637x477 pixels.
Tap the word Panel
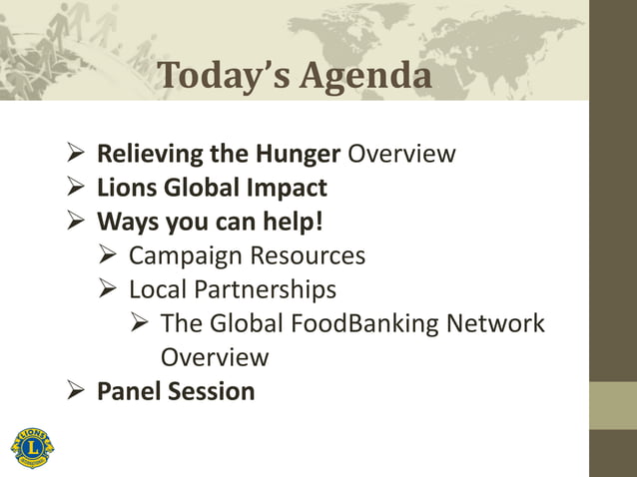pyautogui.click(x=127, y=390)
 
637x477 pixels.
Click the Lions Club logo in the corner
pyautogui.click(x=33, y=444)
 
